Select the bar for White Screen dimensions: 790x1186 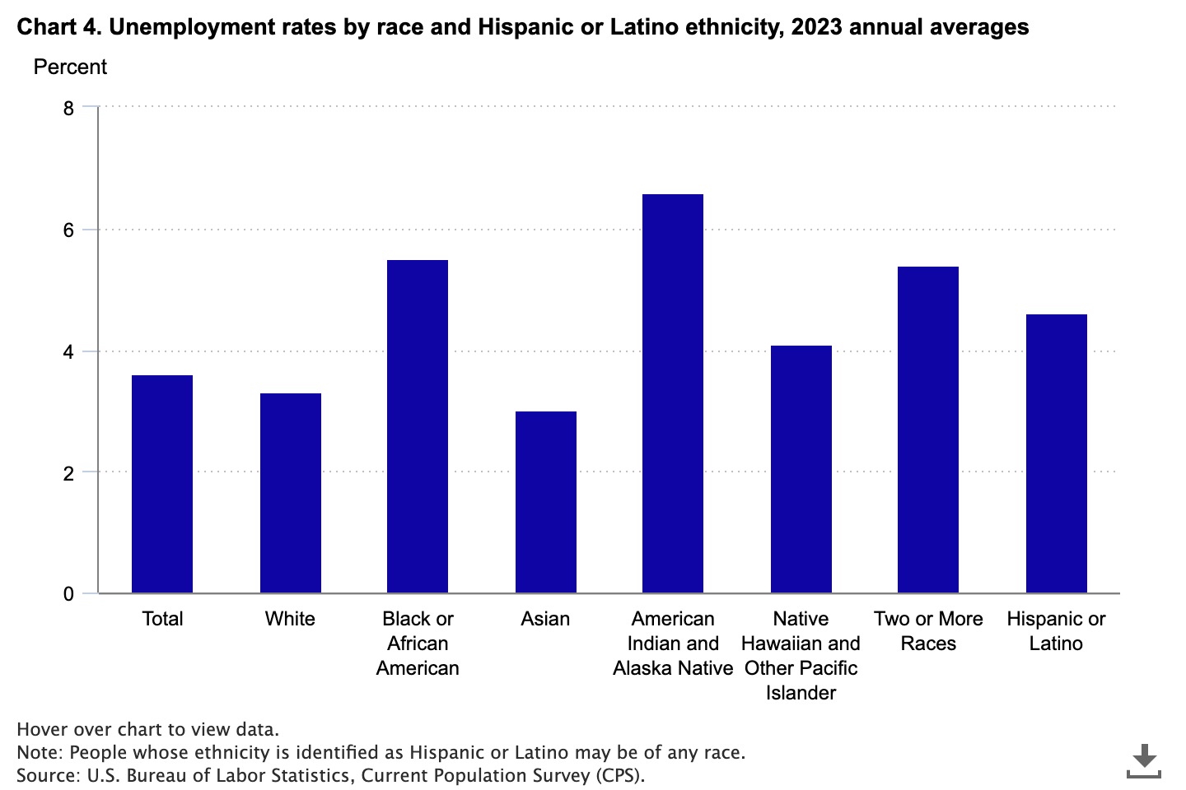coord(290,493)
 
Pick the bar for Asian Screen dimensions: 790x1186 coord(545,502)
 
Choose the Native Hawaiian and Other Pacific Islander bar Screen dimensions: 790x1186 coord(801,469)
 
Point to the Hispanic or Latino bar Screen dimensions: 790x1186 coord(1056,453)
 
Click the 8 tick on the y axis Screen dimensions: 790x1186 coord(68,109)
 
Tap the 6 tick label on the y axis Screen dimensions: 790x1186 coord(68,230)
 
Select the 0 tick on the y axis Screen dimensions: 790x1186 coord(68,594)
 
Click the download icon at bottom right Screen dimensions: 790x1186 coord(1143,760)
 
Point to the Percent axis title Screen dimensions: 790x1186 coord(70,67)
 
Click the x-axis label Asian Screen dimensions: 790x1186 coord(545,619)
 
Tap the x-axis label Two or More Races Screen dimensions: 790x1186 coord(928,631)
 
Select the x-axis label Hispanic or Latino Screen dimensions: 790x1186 coord(1056,631)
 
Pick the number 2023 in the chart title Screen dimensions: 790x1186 coord(815,27)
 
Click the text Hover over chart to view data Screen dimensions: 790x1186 coord(148,729)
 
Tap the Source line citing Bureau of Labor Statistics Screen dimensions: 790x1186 coord(331,775)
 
